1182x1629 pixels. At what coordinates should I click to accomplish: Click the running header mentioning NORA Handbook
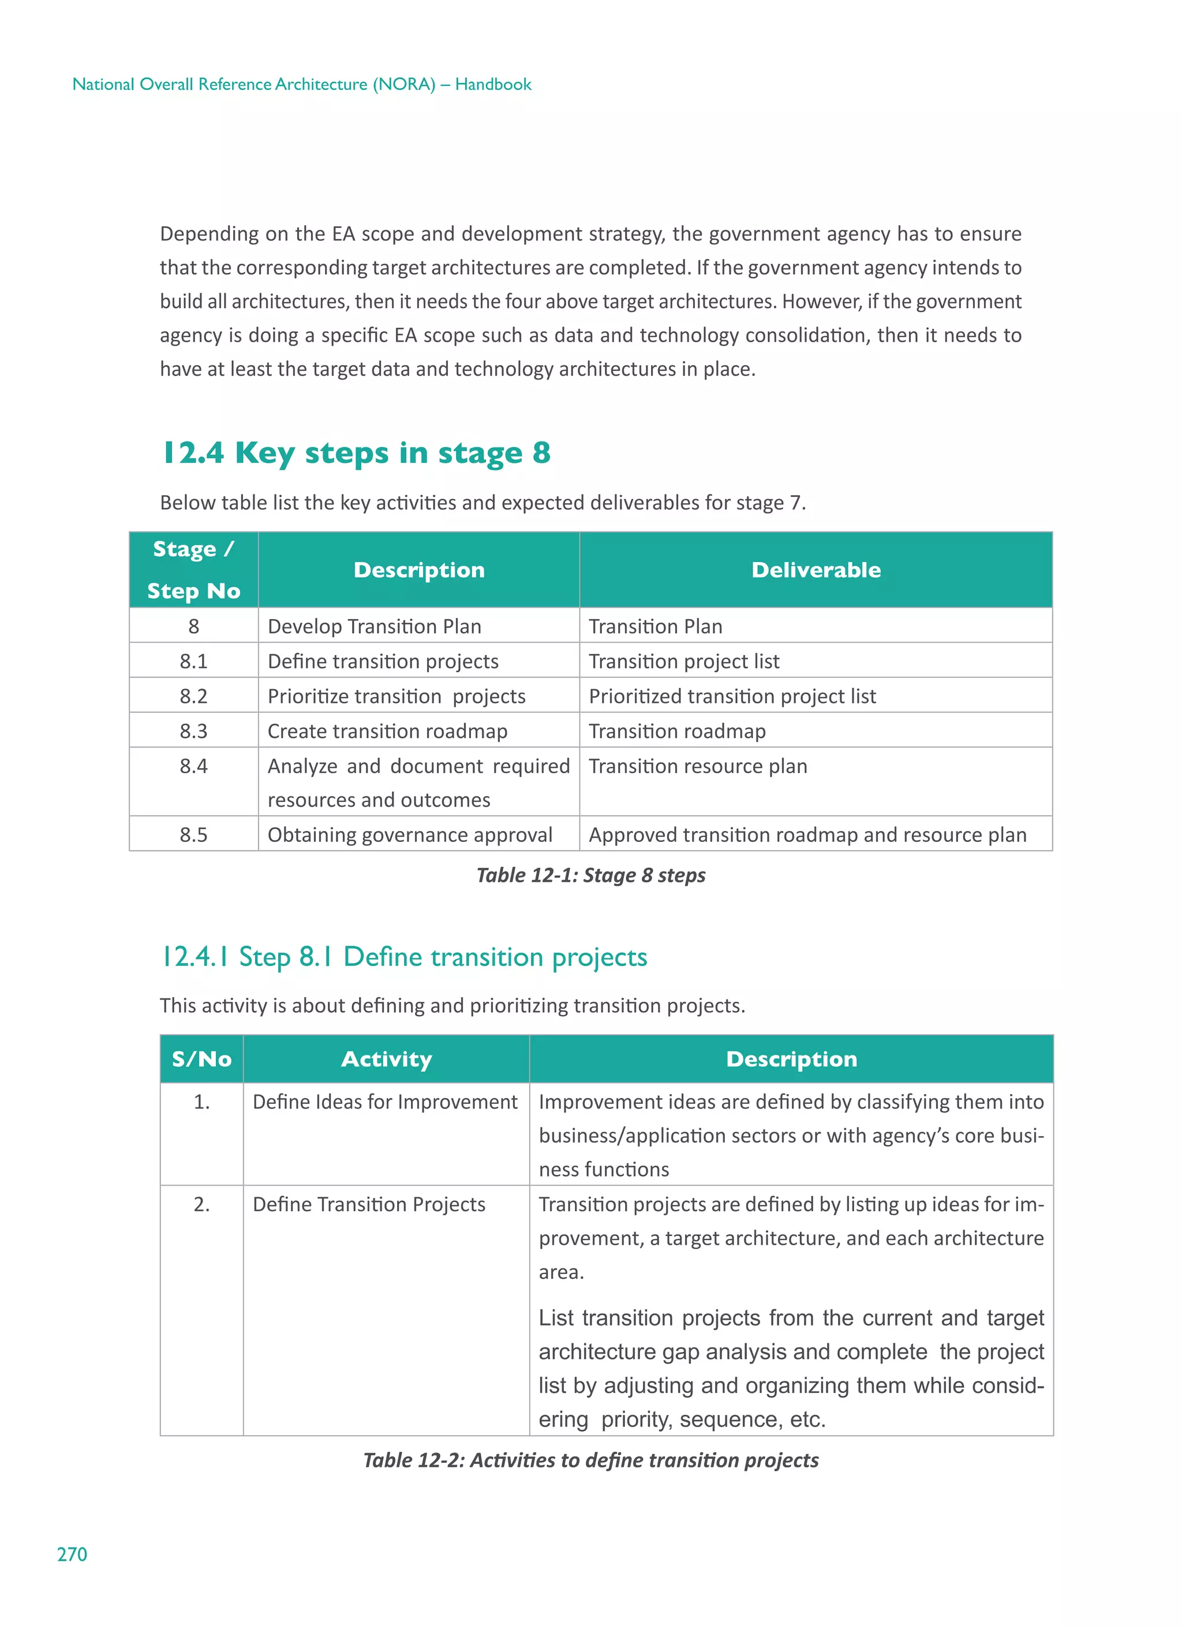(x=302, y=84)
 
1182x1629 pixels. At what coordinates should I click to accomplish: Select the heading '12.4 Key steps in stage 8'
(x=357, y=452)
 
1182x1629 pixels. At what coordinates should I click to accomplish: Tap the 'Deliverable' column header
(x=816, y=570)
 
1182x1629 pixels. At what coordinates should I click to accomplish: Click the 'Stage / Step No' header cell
(x=193, y=570)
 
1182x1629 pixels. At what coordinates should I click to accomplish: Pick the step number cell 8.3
(x=193, y=731)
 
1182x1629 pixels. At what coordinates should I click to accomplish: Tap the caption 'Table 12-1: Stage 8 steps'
(x=590, y=875)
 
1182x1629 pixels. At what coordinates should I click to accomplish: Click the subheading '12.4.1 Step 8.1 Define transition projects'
(x=404, y=957)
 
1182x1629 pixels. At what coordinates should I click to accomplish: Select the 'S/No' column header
(x=202, y=1059)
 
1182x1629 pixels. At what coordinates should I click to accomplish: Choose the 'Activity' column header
(x=387, y=1059)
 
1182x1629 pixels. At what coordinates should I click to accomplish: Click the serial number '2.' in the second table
(x=202, y=1204)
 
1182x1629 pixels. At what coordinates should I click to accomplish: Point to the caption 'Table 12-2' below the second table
(x=590, y=1460)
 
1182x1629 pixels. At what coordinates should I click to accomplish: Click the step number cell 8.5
(x=193, y=834)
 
